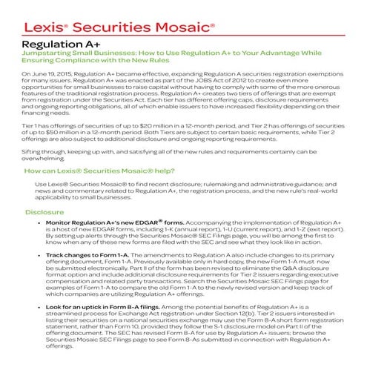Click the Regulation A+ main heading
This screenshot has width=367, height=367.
53,44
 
